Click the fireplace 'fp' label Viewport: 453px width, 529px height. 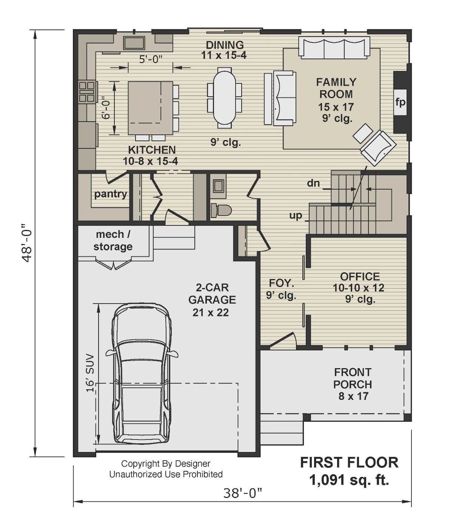400,102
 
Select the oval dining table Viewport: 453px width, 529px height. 225,97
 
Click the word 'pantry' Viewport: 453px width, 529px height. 110,194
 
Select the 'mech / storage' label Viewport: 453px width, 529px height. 113,241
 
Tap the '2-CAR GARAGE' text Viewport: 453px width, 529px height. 212,294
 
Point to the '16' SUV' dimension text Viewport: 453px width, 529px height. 89,373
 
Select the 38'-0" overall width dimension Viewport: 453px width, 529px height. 242,493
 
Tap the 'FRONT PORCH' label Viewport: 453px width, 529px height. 353,378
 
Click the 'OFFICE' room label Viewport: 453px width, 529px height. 360,276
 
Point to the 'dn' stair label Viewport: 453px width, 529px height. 313,184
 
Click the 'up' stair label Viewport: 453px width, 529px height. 296,216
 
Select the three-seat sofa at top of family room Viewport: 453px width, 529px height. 334,48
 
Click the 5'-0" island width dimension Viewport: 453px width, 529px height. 151,59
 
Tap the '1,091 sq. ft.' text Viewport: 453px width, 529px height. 349,480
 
